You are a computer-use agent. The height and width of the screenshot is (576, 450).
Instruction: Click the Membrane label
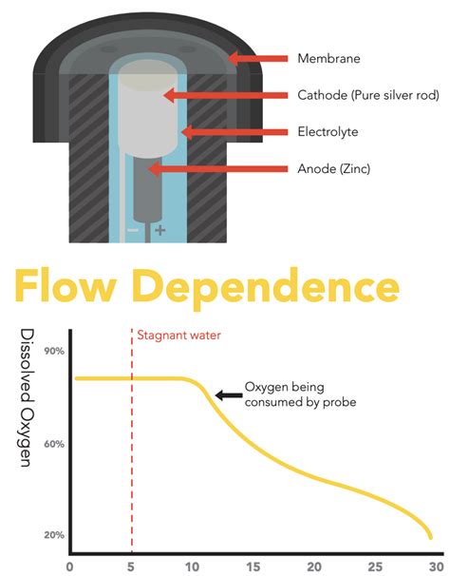click(328, 58)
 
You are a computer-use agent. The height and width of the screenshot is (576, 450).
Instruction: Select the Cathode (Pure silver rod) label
click(368, 95)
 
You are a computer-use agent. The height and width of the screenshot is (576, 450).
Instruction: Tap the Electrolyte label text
click(328, 131)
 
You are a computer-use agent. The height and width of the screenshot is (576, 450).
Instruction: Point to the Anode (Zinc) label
click(333, 168)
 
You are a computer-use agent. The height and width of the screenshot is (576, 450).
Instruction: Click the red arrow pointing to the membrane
click(257, 58)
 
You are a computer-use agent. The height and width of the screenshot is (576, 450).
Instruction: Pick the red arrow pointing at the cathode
click(225, 95)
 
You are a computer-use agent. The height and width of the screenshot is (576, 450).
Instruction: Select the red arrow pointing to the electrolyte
click(234, 132)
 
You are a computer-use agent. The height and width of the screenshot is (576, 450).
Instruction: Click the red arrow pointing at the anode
click(217, 168)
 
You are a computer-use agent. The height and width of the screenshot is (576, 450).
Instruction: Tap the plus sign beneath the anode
click(160, 230)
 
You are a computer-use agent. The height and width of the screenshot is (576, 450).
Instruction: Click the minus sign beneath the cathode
click(133, 230)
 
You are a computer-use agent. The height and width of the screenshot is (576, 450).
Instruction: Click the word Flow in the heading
click(66, 286)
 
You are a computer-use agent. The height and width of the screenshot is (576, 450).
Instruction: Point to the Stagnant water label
click(178, 336)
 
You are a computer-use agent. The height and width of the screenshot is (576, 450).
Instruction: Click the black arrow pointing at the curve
click(229, 395)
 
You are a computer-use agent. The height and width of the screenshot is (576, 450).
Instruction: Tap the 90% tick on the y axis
click(54, 351)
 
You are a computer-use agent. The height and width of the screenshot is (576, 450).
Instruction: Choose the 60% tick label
click(54, 444)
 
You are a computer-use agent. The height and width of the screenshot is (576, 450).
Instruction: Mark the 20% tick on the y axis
click(54, 535)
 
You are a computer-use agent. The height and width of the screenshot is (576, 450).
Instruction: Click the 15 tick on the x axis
click(253, 566)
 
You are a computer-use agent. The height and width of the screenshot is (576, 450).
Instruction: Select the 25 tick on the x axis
click(375, 566)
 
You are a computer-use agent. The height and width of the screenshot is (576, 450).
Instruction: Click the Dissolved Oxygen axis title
click(27, 398)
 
